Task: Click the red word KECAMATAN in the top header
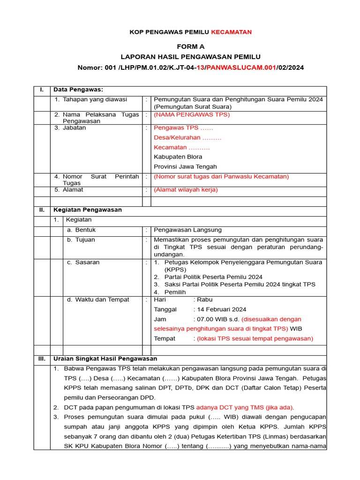[x=231, y=32]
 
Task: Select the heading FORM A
[x=190, y=46]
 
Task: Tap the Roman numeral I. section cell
[x=42, y=90]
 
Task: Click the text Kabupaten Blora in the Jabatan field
[x=178, y=157]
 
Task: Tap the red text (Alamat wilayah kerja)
[x=186, y=190]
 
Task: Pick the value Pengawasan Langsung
[x=187, y=230]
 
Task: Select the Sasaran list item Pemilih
[x=175, y=292]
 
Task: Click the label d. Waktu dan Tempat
[x=98, y=300]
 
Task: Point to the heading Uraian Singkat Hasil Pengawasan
[x=105, y=359]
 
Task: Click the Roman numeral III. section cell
[x=42, y=359]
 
